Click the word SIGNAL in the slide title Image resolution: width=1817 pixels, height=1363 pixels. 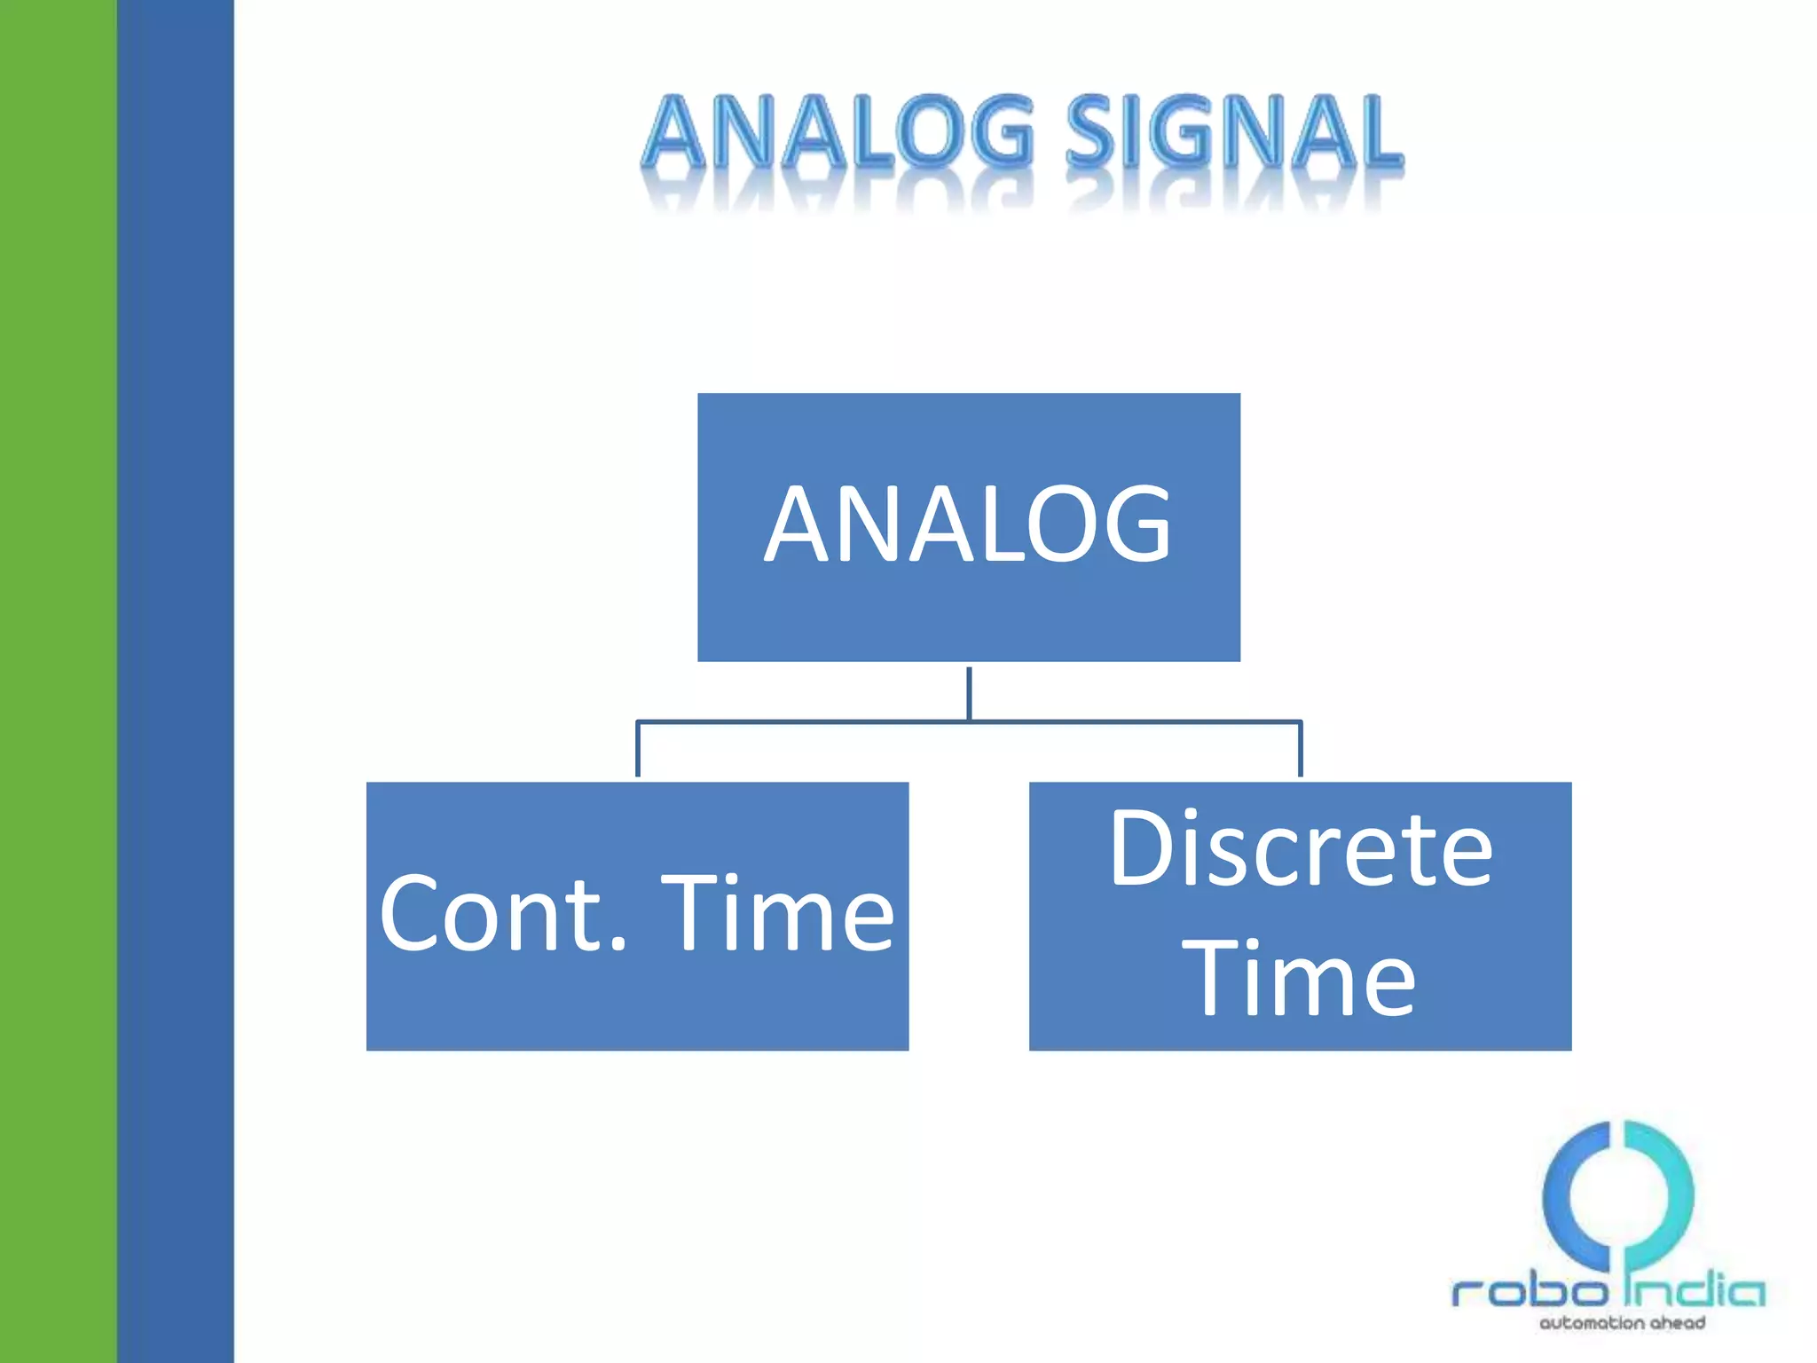coord(1233,133)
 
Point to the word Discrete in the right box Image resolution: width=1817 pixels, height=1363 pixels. coord(1301,850)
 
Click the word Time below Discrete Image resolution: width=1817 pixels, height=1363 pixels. coord(1301,979)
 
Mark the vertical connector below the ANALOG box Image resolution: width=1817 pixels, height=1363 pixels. coord(969,692)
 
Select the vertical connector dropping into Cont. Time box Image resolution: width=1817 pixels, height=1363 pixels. coord(638,750)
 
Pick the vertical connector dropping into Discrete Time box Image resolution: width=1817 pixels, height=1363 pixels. coord(1301,750)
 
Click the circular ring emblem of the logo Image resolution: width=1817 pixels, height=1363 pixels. coord(1617,1194)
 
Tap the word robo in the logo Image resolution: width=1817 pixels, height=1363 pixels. coord(1529,1291)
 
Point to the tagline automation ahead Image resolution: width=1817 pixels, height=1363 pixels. coord(1622,1323)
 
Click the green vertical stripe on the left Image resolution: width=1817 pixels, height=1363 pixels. coord(58,681)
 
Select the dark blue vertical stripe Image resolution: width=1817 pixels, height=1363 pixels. coord(176,681)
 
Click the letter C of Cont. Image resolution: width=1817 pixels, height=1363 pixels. coord(411,914)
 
